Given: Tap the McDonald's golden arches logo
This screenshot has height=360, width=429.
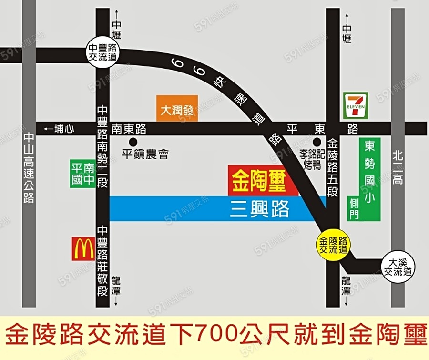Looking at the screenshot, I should click(x=83, y=249).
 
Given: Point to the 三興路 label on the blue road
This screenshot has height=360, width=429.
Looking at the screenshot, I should click(x=259, y=209).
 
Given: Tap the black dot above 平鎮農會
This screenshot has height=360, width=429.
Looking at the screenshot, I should click(x=133, y=142).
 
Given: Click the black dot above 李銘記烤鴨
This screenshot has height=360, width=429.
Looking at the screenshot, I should click(x=316, y=142).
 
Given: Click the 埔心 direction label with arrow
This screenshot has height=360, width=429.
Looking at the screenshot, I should click(x=58, y=129).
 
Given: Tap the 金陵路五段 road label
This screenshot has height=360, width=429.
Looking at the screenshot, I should click(x=333, y=167).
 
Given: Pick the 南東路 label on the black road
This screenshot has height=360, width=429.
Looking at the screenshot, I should click(x=129, y=129).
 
